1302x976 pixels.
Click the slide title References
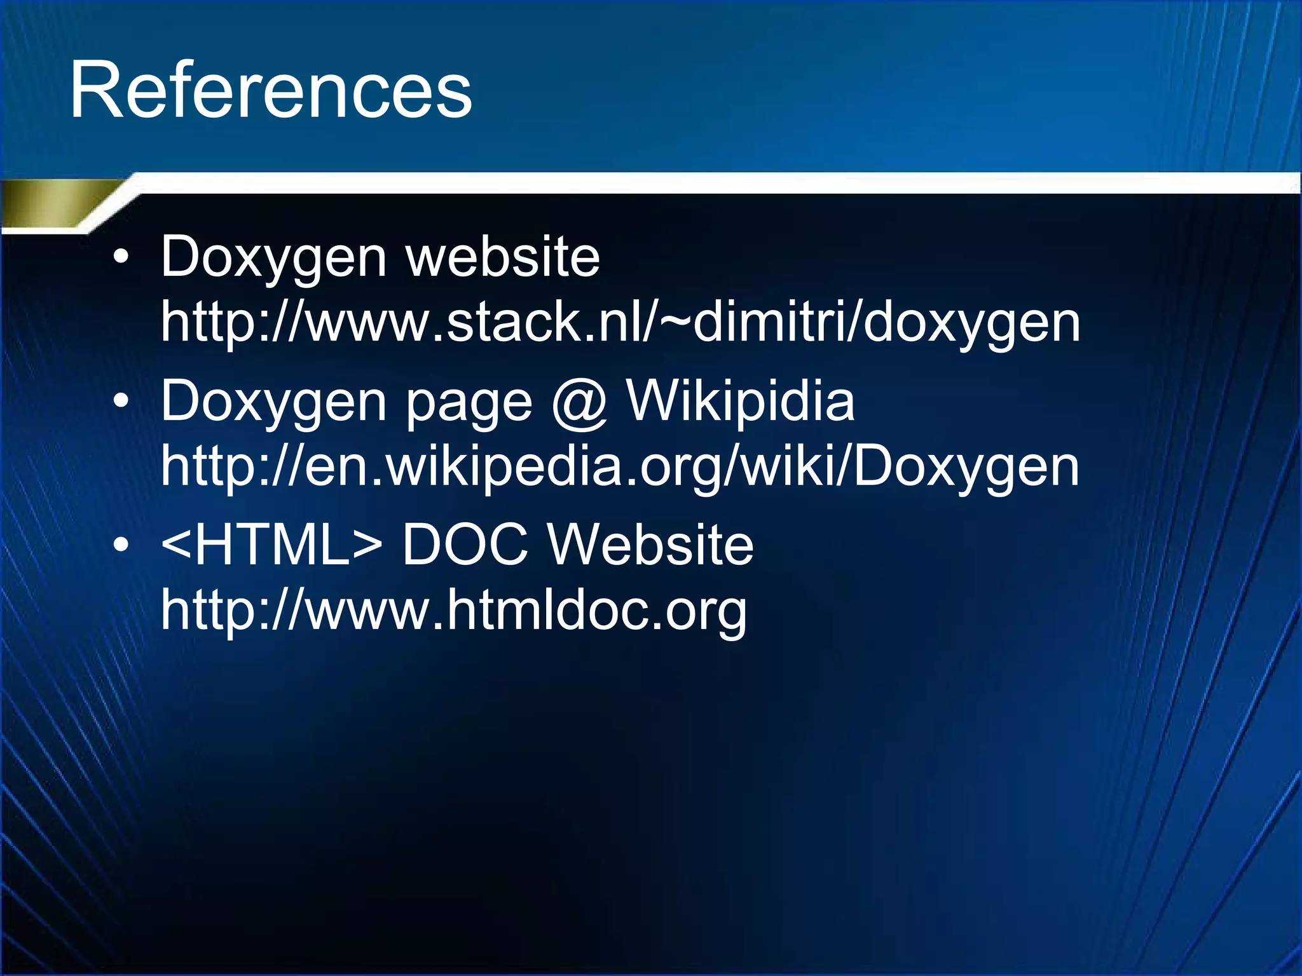tap(271, 90)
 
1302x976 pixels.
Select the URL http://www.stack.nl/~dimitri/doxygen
tap(620, 323)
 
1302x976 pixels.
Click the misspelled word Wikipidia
tap(741, 401)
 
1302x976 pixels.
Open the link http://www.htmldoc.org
tap(454, 610)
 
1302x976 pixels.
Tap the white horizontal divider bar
tap(699, 182)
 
